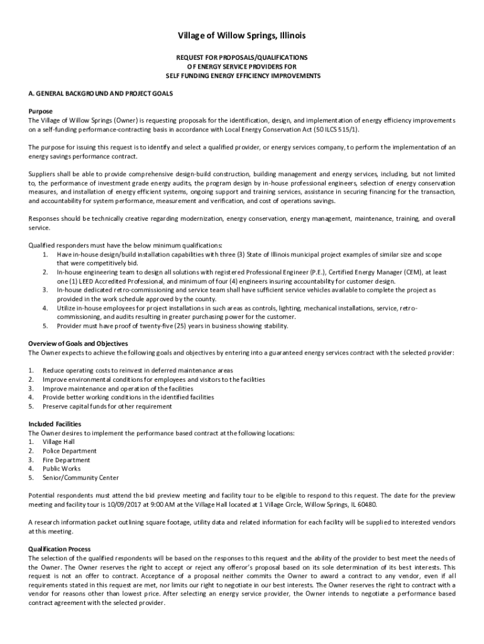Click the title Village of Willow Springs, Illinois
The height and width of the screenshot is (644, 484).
click(x=241, y=36)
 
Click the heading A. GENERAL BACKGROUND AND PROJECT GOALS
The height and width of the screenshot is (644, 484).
click(x=101, y=93)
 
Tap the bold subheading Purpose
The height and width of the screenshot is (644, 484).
click(x=41, y=111)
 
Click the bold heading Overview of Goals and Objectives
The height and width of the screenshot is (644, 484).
click(x=78, y=343)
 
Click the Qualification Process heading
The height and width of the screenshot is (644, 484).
click(x=60, y=549)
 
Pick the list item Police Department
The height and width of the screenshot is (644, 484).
click(x=69, y=451)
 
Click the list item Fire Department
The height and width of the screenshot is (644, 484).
click(x=66, y=460)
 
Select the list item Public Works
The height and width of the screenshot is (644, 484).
click(x=62, y=469)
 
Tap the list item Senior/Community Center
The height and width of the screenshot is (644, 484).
click(x=80, y=477)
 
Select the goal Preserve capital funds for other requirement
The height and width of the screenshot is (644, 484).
click(x=107, y=406)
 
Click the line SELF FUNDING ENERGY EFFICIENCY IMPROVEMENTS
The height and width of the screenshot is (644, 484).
click(x=243, y=75)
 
